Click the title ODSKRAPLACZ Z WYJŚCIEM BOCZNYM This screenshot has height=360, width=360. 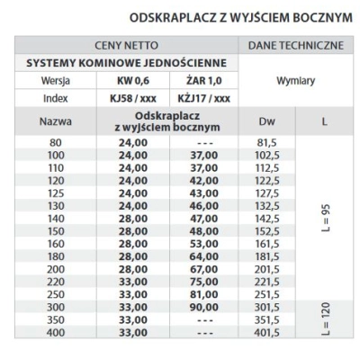(x=238, y=17)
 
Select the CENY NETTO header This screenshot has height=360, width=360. (x=126, y=45)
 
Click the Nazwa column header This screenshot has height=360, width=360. (x=57, y=120)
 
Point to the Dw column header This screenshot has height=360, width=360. (x=266, y=120)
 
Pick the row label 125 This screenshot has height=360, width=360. (x=57, y=192)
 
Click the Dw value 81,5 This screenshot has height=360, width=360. (x=266, y=141)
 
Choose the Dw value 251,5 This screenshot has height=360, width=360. (x=266, y=293)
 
